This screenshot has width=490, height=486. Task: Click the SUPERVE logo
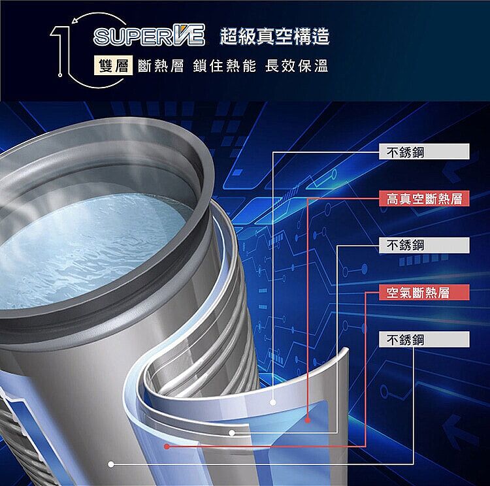tap(149, 35)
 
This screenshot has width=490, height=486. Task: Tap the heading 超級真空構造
tap(274, 36)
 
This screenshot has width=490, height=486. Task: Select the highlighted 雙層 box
tap(114, 65)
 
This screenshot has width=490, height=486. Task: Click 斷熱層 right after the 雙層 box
tap(161, 66)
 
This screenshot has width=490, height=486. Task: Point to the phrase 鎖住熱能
tap(224, 66)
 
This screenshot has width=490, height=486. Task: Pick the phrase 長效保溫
tap(297, 66)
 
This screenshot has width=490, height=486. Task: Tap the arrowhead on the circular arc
tap(74, 22)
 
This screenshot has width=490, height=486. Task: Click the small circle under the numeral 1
tap(60, 74)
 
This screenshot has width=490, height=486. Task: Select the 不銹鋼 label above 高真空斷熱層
tap(424, 152)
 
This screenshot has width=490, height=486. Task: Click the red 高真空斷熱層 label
tap(424, 199)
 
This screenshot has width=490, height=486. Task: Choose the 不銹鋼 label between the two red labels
tap(424, 246)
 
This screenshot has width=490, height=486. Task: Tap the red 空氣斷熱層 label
tap(424, 292)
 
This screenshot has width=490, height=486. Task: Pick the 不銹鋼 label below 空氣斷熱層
tap(424, 339)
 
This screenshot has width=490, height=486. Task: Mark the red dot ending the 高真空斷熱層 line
tap(308, 420)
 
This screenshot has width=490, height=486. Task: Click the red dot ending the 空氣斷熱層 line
tap(167, 446)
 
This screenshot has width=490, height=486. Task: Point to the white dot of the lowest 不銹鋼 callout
tap(111, 464)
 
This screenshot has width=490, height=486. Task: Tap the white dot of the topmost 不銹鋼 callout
tap(273, 402)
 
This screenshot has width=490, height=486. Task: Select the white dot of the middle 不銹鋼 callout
tap(231, 433)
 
